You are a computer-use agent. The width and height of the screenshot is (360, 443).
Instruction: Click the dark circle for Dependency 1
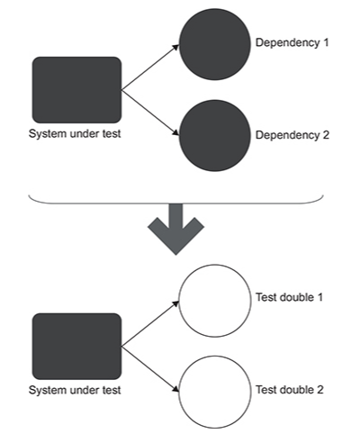pyautogui.click(x=215, y=44)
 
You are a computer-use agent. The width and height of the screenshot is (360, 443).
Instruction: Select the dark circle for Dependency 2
pyautogui.click(x=215, y=136)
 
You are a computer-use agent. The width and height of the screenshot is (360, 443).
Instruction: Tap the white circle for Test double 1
pyautogui.click(x=215, y=301)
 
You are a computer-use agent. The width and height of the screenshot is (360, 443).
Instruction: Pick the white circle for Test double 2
pyautogui.click(x=215, y=392)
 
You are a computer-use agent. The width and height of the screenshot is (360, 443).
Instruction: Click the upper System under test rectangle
pyautogui.click(x=76, y=90)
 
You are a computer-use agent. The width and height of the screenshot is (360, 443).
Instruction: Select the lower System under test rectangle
pyautogui.click(x=76, y=347)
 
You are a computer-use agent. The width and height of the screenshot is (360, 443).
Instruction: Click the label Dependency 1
pyautogui.click(x=292, y=43)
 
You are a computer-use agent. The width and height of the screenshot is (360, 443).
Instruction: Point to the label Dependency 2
pyautogui.click(x=292, y=135)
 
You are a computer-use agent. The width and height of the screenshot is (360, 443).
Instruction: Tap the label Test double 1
pyautogui.click(x=290, y=297)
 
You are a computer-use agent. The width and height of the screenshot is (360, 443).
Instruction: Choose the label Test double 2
pyautogui.click(x=290, y=390)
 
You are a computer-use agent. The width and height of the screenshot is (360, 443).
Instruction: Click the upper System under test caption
pyautogui.click(x=75, y=134)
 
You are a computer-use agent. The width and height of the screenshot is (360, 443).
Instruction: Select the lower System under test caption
pyautogui.click(x=75, y=390)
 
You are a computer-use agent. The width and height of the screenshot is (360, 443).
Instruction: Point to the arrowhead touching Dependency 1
pyautogui.click(x=176, y=47)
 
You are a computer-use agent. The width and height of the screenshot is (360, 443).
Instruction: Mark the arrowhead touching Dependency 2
pyautogui.click(x=176, y=133)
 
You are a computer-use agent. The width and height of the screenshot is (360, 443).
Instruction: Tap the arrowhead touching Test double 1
pyautogui.click(x=176, y=303)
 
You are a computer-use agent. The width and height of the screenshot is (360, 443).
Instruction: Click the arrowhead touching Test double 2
pyautogui.click(x=176, y=389)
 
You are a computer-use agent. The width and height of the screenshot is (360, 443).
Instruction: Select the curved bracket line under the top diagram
pyautogui.click(x=175, y=203)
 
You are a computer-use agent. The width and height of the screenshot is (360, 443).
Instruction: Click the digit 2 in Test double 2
pyautogui.click(x=319, y=390)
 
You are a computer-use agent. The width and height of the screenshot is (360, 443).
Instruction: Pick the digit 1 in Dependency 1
pyautogui.click(x=326, y=42)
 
